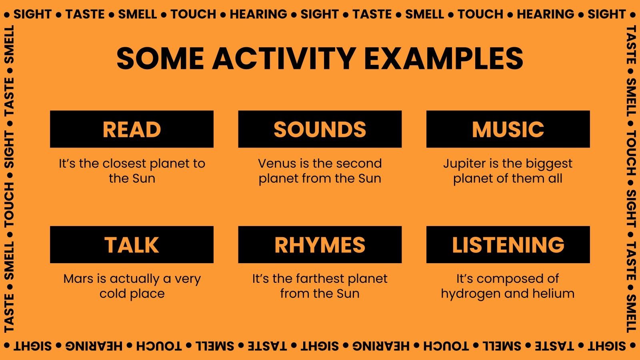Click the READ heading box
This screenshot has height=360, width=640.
[x=132, y=129]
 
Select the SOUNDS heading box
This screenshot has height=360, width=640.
[x=320, y=129]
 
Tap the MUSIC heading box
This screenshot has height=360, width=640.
[x=508, y=129]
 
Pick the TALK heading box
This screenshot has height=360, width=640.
[x=132, y=244]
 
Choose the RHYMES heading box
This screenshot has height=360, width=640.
[x=320, y=244]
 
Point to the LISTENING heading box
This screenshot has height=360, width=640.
[x=508, y=244]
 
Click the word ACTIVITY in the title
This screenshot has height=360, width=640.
[x=284, y=58]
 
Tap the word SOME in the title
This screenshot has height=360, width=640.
[x=160, y=58]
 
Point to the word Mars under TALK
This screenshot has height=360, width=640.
[x=78, y=278]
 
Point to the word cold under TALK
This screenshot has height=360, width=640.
[x=112, y=294]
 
